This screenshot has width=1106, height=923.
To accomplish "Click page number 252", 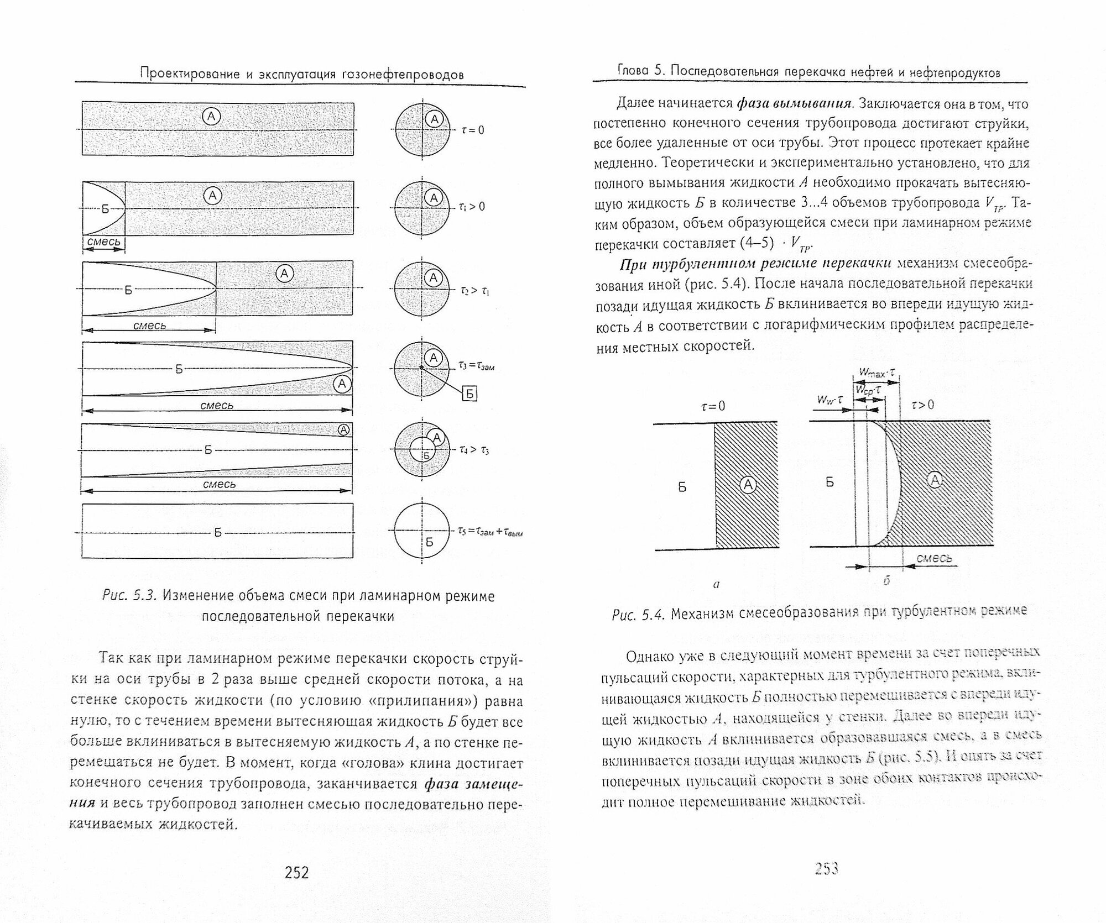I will [296, 872].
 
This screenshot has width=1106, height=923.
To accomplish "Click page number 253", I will [827, 869].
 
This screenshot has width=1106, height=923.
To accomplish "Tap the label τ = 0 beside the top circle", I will [473, 130].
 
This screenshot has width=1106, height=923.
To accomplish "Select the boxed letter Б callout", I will [469, 394].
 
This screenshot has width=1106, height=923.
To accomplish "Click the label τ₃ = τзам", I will [476, 365].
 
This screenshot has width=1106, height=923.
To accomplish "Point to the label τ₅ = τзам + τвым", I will [490, 532].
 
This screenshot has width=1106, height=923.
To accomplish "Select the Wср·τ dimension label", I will [867, 391].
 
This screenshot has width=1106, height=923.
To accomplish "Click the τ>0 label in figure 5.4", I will [922, 405].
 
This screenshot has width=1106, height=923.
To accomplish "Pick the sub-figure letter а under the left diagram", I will [716, 584].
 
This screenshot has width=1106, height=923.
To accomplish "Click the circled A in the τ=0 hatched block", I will [748, 485].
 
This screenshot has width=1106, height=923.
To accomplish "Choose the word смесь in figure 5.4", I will [934, 558].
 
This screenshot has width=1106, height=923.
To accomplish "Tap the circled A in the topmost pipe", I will [212, 117].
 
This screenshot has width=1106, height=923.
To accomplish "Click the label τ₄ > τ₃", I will [473, 450].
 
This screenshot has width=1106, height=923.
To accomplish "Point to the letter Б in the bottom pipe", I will [217, 532].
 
